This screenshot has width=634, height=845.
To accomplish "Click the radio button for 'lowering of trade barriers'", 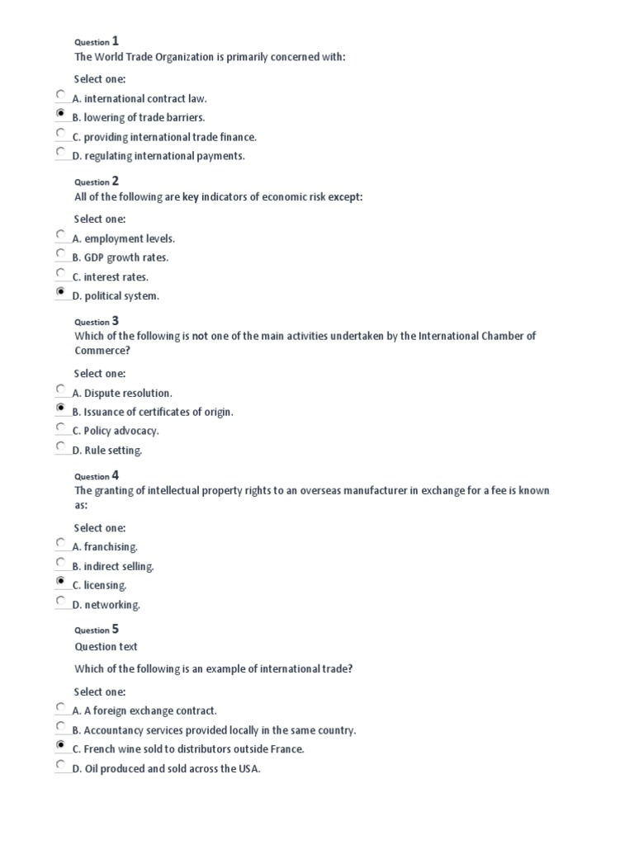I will (x=60, y=114).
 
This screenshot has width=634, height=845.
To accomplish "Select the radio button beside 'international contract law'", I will (x=60, y=95).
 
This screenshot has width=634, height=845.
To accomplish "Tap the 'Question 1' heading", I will (x=97, y=40).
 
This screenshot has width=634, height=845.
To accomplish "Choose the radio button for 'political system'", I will (x=60, y=292).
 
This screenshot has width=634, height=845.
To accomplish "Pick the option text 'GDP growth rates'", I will (x=125, y=257).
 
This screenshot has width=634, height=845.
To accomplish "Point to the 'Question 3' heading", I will (x=97, y=321).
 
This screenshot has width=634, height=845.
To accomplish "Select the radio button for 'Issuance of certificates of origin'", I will (x=60, y=408).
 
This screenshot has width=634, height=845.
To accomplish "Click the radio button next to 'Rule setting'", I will (x=60, y=446).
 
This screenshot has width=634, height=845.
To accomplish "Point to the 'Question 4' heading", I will (x=97, y=475).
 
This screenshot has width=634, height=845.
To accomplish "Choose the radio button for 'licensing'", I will (x=60, y=582).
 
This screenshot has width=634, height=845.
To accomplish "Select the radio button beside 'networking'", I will (x=60, y=601).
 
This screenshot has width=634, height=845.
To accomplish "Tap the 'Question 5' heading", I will (x=97, y=629).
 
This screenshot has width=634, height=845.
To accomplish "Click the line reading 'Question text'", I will (x=106, y=647).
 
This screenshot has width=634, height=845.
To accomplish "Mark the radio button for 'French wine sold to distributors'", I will (x=60, y=745).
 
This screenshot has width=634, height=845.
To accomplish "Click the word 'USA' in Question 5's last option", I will (x=248, y=769).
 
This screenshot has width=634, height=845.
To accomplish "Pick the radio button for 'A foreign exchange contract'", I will (x=60, y=707).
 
